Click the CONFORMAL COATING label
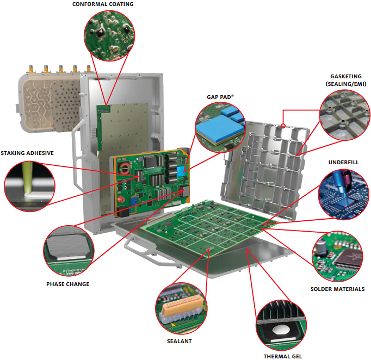click(x=103, y=4)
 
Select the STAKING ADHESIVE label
click(x=27, y=153)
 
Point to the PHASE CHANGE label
click(x=67, y=284)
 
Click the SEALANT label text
click(x=179, y=342)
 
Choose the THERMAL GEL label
click(x=282, y=356)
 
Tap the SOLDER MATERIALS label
click(x=337, y=289)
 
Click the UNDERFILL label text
click(x=343, y=162)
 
